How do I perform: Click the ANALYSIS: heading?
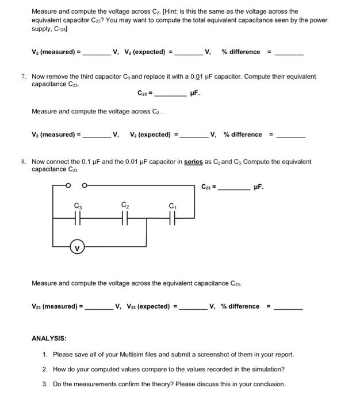49,338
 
